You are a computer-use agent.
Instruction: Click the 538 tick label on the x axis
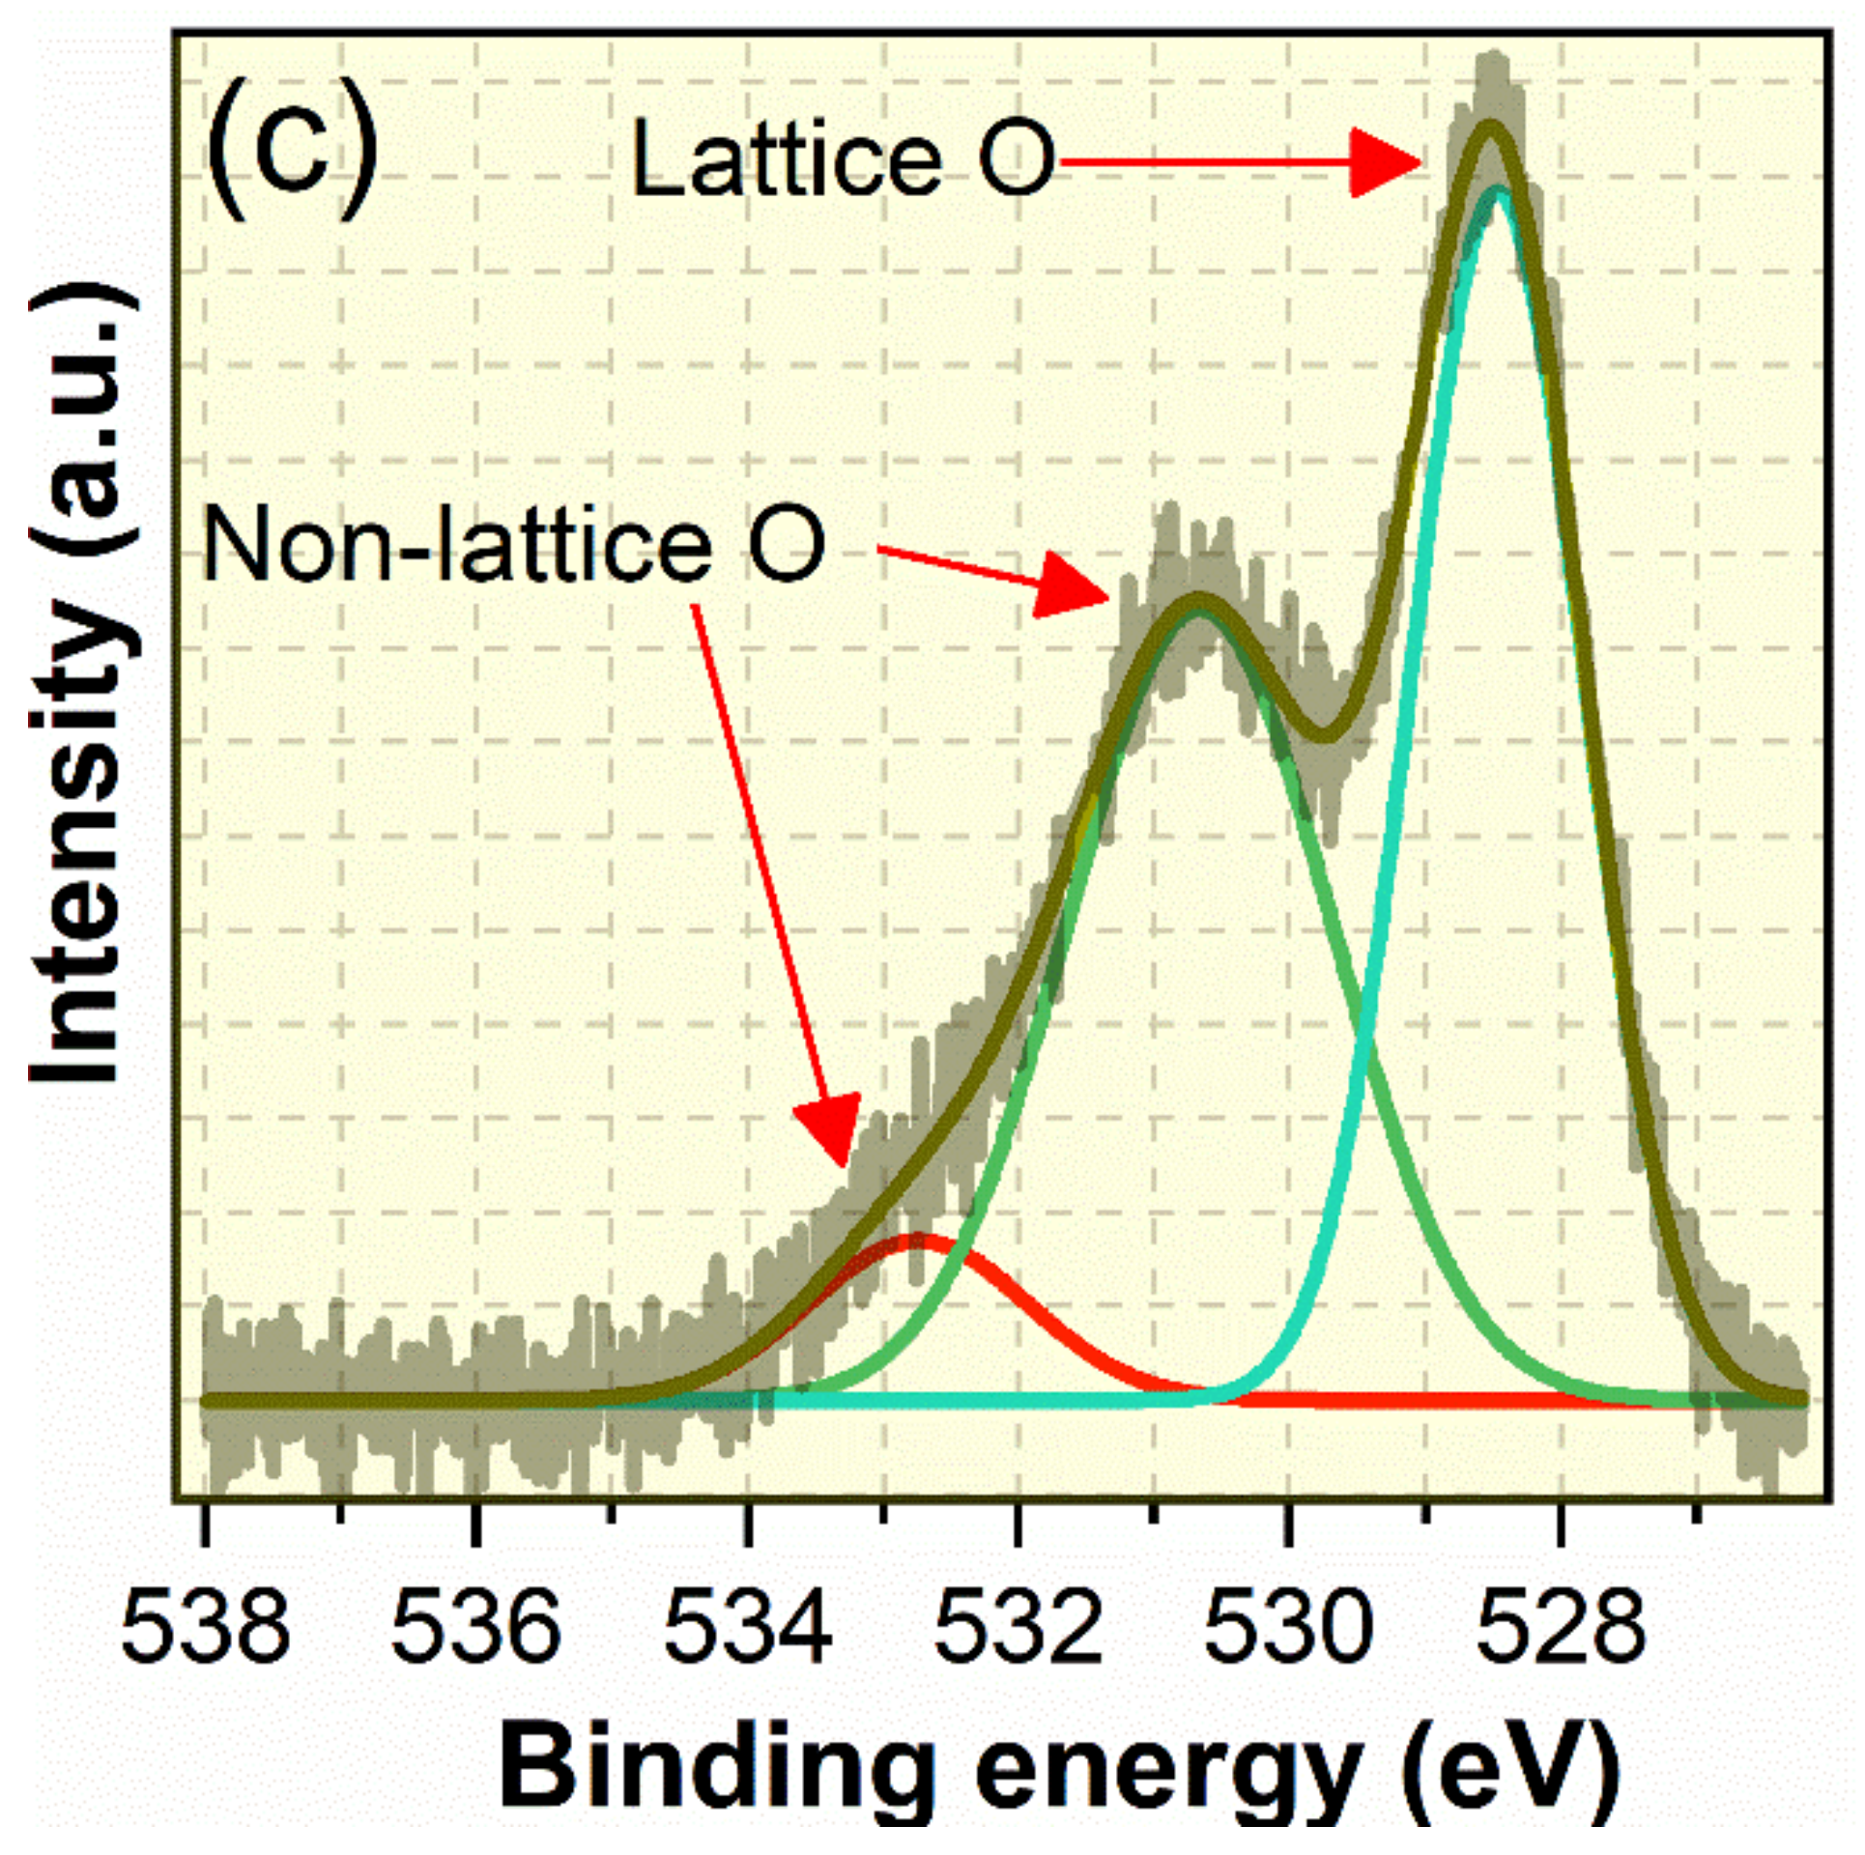click(x=205, y=1627)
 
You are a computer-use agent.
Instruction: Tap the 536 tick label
click(x=475, y=1627)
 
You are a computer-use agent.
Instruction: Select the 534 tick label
click(x=747, y=1627)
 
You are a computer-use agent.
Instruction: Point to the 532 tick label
click(x=1018, y=1627)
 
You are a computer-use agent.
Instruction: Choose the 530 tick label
click(x=1288, y=1627)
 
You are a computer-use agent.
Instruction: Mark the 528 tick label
click(x=1560, y=1627)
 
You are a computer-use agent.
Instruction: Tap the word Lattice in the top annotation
click(x=785, y=161)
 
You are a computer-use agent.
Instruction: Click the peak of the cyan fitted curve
click(x=1499, y=191)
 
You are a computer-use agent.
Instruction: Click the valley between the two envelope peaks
click(x=1327, y=734)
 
